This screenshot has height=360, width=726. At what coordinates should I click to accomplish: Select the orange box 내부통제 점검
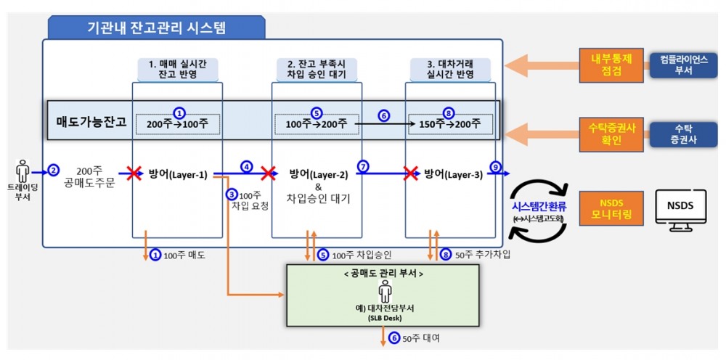coord(611,65)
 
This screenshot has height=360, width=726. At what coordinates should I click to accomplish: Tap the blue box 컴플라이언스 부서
coord(677,65)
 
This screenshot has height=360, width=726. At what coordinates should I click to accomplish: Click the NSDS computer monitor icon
coord(679,209)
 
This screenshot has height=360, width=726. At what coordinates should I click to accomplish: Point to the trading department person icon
coord(23,171)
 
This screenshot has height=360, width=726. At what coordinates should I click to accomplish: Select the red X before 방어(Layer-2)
coord(269,173)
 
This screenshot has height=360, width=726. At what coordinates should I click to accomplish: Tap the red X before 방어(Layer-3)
coord(410,173)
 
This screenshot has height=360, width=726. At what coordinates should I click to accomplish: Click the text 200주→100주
coord(177,124)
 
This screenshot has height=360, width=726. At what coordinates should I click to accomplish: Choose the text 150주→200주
coord(450,124)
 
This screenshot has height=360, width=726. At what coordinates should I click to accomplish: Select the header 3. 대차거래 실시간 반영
coord(451,69)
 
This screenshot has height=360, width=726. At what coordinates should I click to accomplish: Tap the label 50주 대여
coord(420,338)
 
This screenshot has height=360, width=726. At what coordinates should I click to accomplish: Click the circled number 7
coord(363,165)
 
